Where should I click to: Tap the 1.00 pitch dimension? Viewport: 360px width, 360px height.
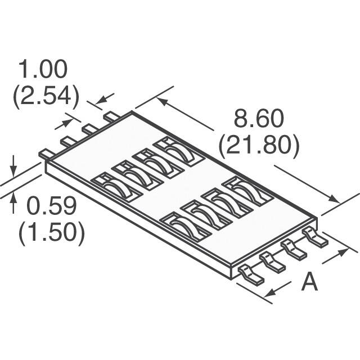pos(43,70)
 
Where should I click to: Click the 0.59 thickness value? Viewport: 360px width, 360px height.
pos(52,207)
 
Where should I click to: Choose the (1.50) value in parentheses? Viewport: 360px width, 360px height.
pos(52,233)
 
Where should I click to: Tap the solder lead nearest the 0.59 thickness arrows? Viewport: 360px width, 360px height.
pos(46,153)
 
